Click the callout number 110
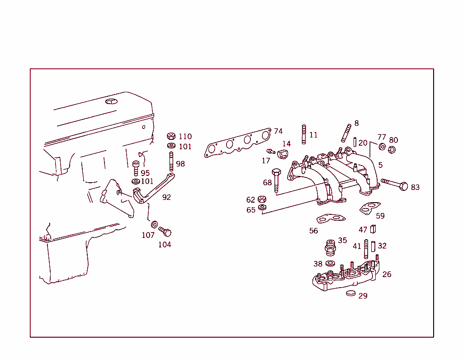pos(185,137)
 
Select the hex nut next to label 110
pos(171,136)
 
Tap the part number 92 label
pos(166,197)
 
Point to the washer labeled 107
pos(154,224)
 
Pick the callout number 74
pos(278,131)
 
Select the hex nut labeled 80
pos(392,150)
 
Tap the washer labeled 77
pos(382,146)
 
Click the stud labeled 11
pos(303,134)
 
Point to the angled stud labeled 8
pos(347,133)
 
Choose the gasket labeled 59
pos(370,208)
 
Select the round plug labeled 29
pos(351,293)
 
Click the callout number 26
pos(387,274)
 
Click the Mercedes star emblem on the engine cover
pos(111,101)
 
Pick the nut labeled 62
pos(261,199)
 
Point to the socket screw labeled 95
pos(136,168)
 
